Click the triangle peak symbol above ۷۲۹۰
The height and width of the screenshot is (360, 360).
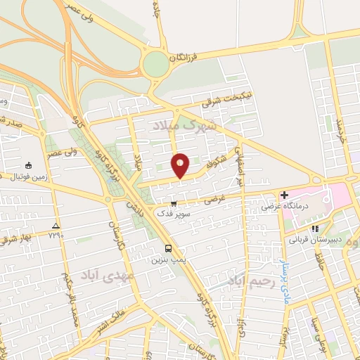click(56, 225)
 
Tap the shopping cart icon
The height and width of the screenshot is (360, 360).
click(173, 204)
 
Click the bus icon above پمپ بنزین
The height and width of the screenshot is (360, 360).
click(168, 248)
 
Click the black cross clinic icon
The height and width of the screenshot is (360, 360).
click(284, 195)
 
